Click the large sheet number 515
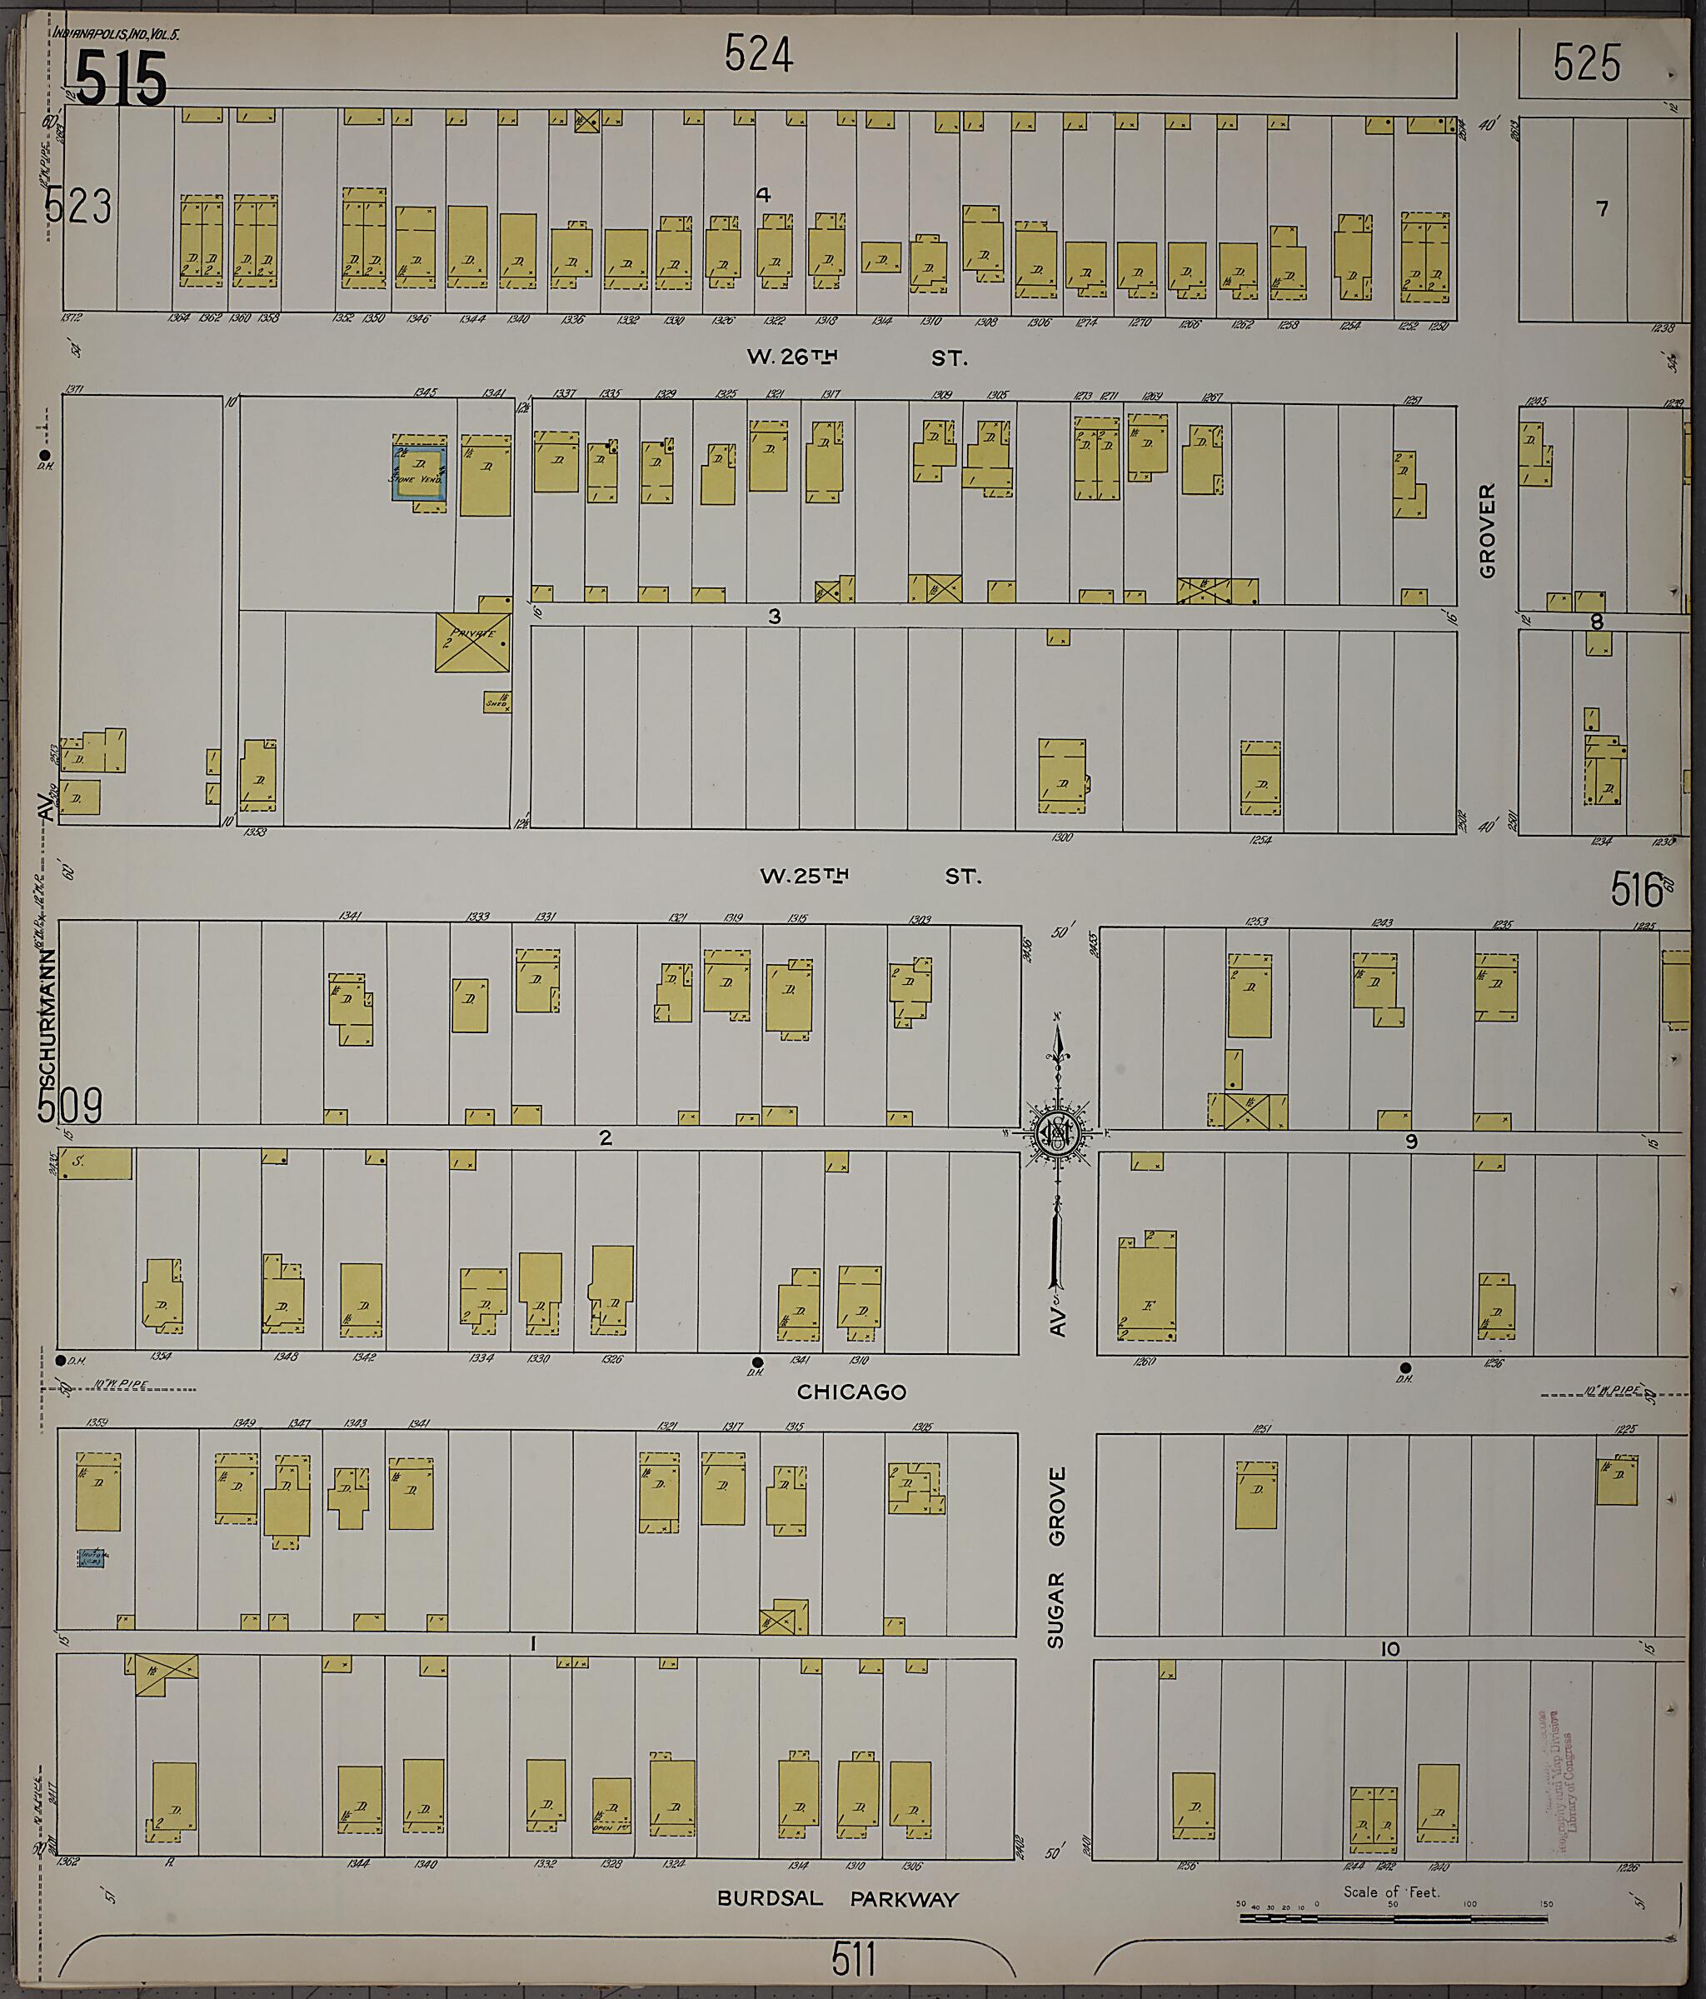click(x=122, y=78)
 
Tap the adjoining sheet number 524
click(x=759, y=55)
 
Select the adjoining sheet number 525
click(x=1586, y=63)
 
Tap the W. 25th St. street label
click(x=870, y=876)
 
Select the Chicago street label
click(x=851, y=1392)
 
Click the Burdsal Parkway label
click(x=837, y=1899)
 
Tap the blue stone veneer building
click(x=418, y=472)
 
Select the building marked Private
click(x=472, y=642)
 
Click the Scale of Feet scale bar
click(x=1392, y=1919)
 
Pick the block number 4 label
click(x=763, y=195)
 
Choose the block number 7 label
click(x=1602, y=208)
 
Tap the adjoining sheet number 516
click(x=1637, y=890)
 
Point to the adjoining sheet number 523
click(x=79, y=207)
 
